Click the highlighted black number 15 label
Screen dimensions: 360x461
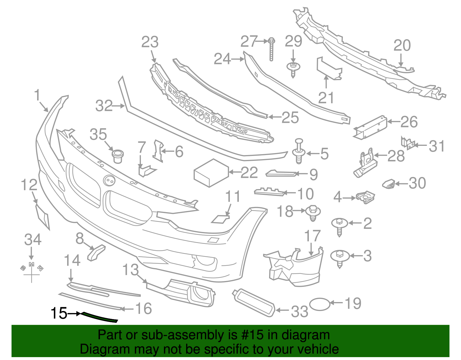click(59, 313)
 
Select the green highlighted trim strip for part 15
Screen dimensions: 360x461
click(99, 317)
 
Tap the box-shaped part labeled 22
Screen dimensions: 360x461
click(211, 173)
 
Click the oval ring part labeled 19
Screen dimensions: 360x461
click(320, 304)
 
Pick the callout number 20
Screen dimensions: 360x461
click(402, 46)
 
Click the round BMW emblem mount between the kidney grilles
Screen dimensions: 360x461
click(109, 180)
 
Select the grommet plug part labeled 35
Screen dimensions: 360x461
click(118, 156)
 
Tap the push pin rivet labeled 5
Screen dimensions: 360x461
click(299, 151)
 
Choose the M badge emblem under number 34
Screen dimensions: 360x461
click(32, 264)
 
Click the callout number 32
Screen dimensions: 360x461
click(104, 106)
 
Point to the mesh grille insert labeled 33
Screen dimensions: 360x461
click(254, 303)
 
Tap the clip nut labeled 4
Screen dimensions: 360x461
click(365, 197)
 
